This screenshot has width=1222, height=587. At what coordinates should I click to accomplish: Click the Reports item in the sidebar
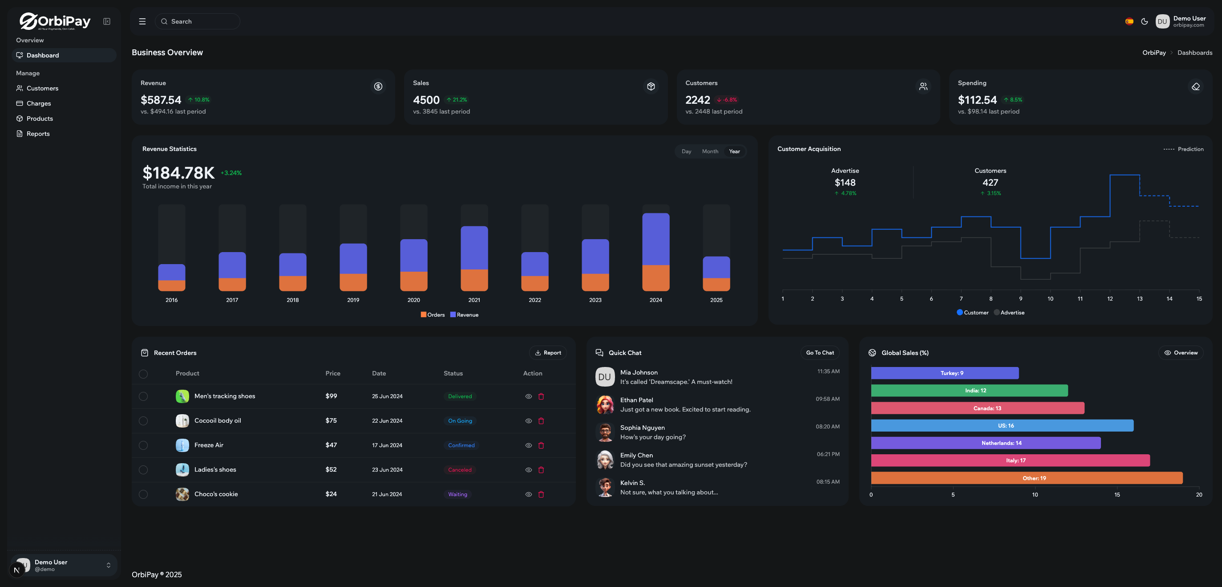(x=37, y=134)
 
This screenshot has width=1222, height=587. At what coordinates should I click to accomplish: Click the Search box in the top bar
(x=197, y=21)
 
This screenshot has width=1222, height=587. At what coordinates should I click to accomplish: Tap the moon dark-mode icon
(x=1144, y=21)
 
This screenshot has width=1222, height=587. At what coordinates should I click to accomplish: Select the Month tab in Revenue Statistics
(x=710, y=151)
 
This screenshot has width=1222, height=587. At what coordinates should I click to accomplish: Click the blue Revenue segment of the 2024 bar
(x=656, y=239)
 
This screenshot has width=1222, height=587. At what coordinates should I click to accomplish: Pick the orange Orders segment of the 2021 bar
(x=474, y=280)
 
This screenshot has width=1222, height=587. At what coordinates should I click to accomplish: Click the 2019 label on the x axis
(x=353, y=300)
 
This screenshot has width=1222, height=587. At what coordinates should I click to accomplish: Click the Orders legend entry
(x=432, y=315)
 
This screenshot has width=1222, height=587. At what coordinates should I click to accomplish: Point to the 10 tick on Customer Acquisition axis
(x=1050, y=299)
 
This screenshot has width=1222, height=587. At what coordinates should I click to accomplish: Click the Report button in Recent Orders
(x=547, y=353)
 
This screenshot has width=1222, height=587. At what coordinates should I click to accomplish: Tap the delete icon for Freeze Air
(x=541, y=445)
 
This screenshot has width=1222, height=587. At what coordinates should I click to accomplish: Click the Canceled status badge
(x=460, y=470)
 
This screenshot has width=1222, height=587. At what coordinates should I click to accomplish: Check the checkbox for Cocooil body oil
(x=143, y=421)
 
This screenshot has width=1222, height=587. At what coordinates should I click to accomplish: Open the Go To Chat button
(x=820, y=353)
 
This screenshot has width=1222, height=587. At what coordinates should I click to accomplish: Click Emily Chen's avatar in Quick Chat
(x=605, y=460)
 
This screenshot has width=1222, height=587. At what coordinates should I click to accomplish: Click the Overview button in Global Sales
(x=1181, y=353)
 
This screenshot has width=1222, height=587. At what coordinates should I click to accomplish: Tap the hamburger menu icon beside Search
(x=142, y=21)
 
